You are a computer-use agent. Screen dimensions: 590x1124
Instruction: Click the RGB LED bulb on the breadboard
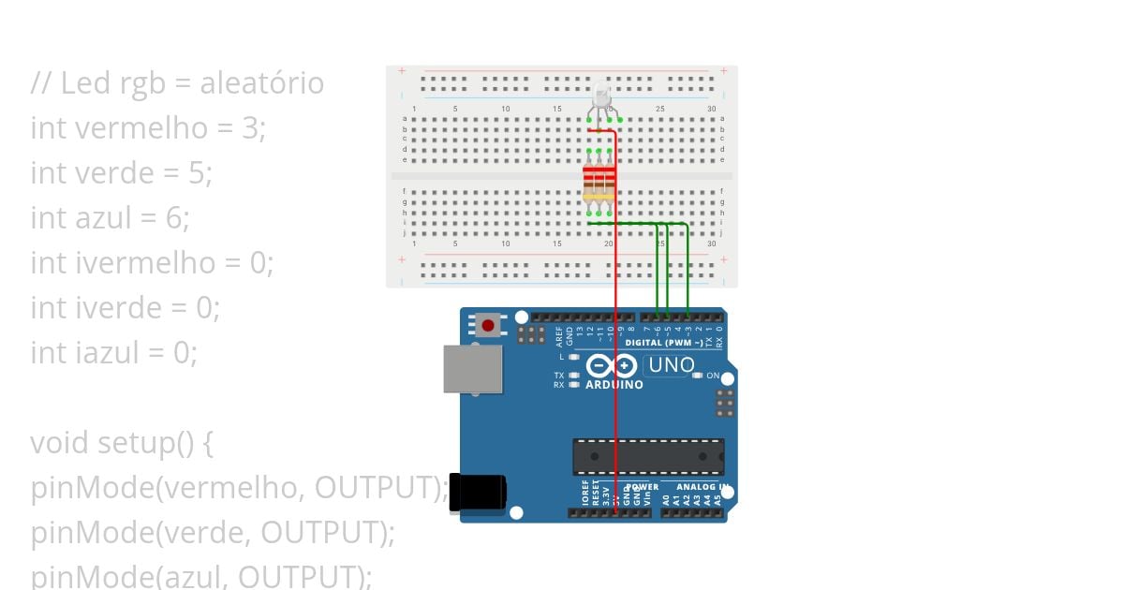click(x=601, y=96)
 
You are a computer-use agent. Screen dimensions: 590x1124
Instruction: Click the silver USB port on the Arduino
click(x=472, y=368)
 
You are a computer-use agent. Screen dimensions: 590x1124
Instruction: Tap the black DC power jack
click(x=478, y=493)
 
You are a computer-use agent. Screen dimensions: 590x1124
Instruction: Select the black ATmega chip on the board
click(x=648, y=456)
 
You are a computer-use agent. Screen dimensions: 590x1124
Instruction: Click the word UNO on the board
click(x=672, y=365)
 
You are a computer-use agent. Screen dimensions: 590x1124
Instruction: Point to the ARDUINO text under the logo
click(x=614, y=385)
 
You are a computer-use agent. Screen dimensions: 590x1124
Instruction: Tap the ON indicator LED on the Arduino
click(x=697, y=376)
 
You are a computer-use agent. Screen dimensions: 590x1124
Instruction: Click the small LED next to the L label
click(x=574, y=357)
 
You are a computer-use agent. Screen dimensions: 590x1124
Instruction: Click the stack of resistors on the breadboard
click(x=599, y=184)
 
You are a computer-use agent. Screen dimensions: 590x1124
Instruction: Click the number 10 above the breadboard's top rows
click(x=505, y=110)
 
